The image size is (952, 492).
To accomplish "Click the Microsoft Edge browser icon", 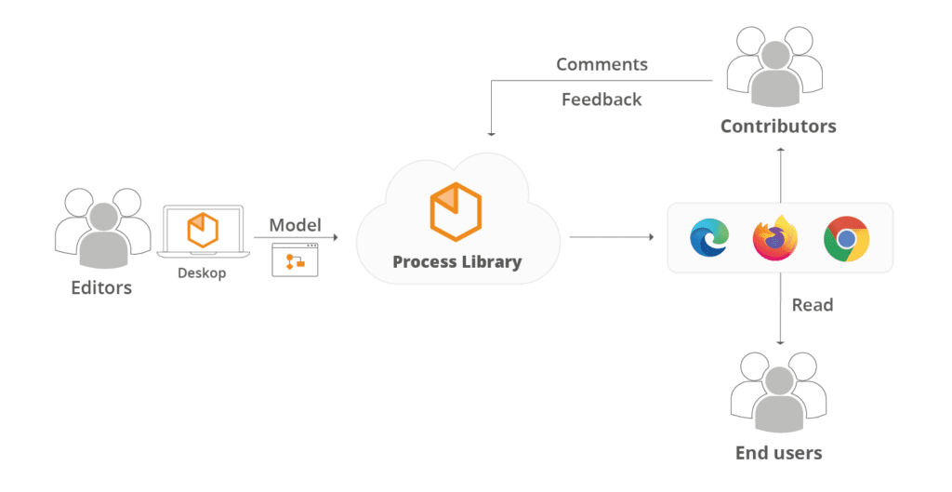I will tap(709, 238).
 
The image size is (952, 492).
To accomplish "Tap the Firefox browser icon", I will tap(775, 238).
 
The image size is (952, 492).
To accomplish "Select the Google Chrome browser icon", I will tap(846, 238).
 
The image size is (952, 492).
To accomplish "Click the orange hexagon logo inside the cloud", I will tap(456, 208).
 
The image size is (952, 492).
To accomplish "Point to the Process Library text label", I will tap(456, 261).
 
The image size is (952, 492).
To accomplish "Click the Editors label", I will tap(101, 288).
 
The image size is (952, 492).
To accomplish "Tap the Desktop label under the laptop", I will tap(202, 273).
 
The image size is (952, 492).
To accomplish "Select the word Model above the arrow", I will tap(295, 225).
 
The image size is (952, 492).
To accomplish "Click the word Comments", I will tap(602, 64).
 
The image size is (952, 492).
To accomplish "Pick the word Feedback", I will tap(602, 99).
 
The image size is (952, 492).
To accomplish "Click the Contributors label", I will tap(778, 126).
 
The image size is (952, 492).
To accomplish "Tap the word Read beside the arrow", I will tap(812, 305).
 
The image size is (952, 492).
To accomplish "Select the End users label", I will tap(778, 453).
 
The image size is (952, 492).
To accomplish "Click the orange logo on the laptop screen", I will tap(202, 230).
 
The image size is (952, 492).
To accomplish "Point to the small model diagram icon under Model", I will tap(295, 260).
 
